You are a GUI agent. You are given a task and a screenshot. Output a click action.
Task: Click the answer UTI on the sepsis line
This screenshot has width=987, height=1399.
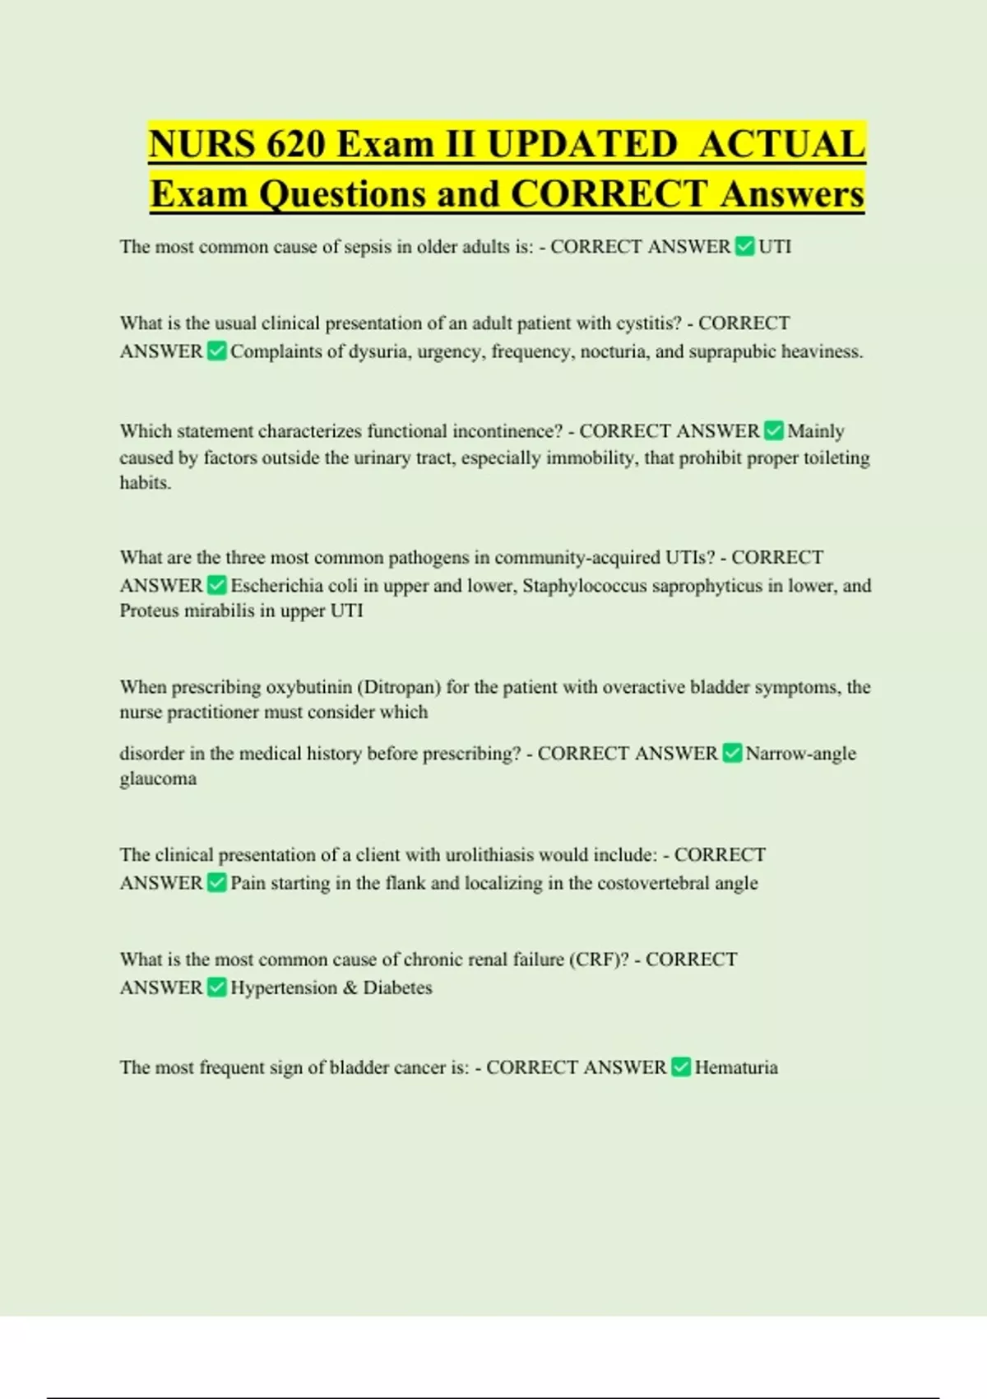click(775, 247)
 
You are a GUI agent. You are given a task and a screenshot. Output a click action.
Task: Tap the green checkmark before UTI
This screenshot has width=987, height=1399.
click(744, 246)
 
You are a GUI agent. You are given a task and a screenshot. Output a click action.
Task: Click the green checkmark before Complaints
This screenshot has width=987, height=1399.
click(216, 351)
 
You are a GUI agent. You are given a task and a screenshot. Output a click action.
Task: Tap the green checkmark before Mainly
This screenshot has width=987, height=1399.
click(773, 430)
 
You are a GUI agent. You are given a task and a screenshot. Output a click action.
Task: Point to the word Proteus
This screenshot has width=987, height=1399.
click(150, 611)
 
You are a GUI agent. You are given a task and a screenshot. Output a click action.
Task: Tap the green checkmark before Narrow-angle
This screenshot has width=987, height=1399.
click(732, 753)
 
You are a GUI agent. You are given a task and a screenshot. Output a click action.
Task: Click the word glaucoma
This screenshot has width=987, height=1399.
click(158, 779)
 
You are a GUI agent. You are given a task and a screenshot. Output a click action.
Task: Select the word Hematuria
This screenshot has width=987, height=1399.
click(736, 1067)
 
